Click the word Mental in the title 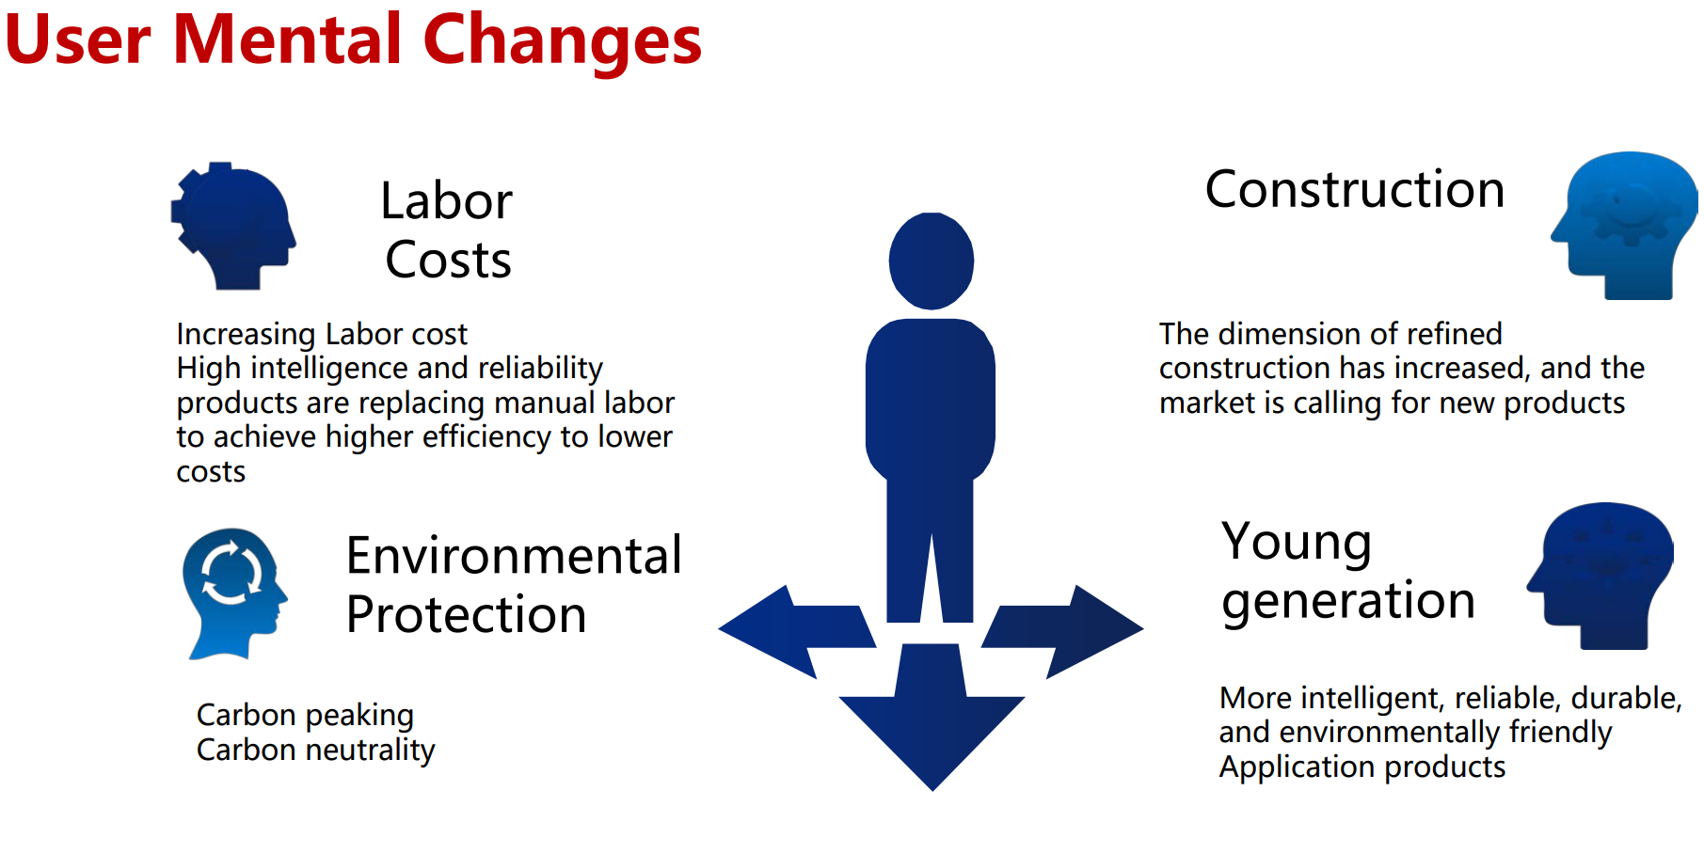tap(287, 40)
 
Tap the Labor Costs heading tap(447, 229)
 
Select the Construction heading tap(1355, 189)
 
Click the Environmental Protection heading tap(514, 584)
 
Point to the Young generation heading tap(1347, 570)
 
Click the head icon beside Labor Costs tap(232, 226)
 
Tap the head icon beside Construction tap(1625, 226)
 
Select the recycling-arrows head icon tap(233, 593)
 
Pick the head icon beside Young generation tap(1600, 576)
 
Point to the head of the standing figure tap(932, 261)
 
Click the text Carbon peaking tap(305, 716)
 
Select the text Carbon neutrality tap(316, 750)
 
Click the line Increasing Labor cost tap(322, 334)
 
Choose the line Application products tap(1362, 767)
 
